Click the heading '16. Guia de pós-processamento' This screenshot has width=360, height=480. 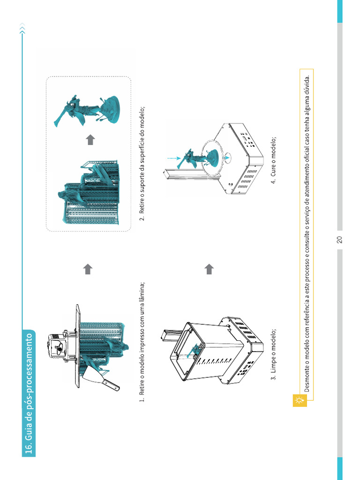29,393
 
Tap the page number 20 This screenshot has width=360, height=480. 339,240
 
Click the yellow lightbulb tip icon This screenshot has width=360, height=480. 300,400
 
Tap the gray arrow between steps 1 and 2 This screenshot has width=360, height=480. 88,269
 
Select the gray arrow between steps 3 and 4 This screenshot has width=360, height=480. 209,269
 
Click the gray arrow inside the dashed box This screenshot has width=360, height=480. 90,140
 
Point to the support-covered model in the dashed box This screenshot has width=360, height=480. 89,192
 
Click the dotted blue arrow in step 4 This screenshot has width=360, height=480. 174,158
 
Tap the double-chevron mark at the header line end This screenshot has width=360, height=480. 22,29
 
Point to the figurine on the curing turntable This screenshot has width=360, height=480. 199,159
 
